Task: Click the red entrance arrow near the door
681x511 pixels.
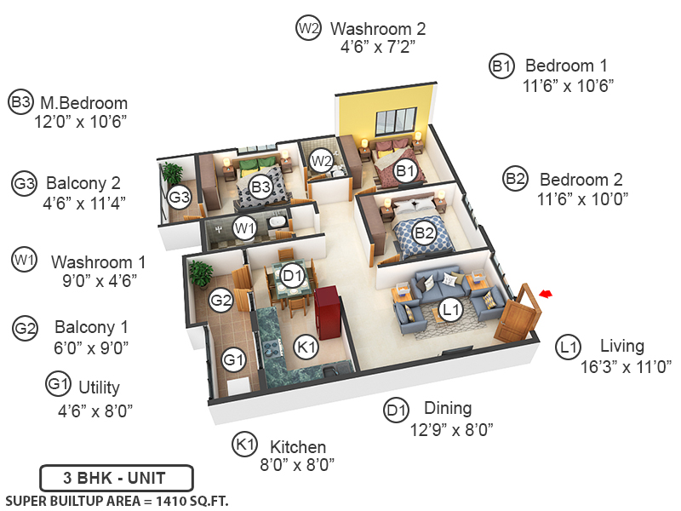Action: point(547,293)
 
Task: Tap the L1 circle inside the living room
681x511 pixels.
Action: point(451,310)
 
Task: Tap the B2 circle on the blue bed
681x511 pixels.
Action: point(424,231)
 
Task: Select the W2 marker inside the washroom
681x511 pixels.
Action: point(321,159)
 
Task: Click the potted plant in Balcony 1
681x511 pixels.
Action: point(202,273)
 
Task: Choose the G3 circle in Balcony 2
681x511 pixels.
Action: point(179,198)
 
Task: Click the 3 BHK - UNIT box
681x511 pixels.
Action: point(117,478)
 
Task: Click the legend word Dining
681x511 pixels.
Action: point(441,409)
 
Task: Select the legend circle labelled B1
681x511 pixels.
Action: point(501,66)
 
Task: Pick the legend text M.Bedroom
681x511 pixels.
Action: point(85,103)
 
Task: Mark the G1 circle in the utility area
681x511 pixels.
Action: point(234,360)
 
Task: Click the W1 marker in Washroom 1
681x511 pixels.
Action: point(245,227)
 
